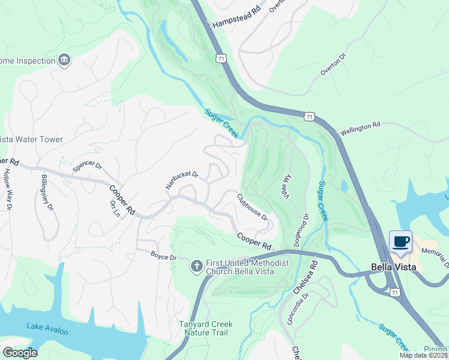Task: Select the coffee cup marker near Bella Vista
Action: [401, 242]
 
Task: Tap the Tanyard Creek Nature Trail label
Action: [205, 328]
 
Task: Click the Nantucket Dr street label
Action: [182, 181]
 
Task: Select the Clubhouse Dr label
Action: [252, 206]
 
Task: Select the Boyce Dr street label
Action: [163, 257]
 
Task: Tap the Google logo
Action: [20, 352]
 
